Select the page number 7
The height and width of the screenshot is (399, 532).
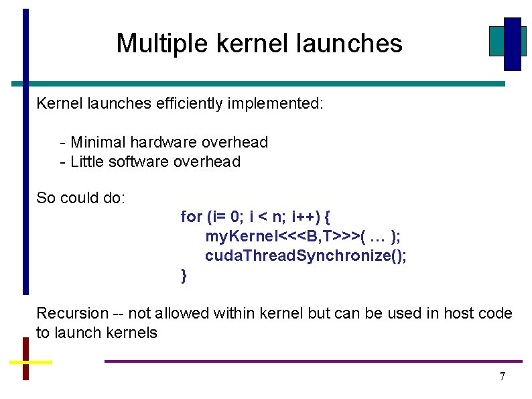503,376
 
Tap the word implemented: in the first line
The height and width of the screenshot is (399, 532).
278,104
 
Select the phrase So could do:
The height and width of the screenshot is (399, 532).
80,198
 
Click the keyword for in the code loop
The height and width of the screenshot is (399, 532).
191,217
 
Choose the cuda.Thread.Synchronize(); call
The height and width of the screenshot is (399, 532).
306,256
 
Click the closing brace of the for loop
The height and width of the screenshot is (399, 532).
184,275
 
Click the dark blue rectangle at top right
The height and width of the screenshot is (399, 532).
513,44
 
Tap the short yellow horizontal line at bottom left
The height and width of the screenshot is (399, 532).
30,361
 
